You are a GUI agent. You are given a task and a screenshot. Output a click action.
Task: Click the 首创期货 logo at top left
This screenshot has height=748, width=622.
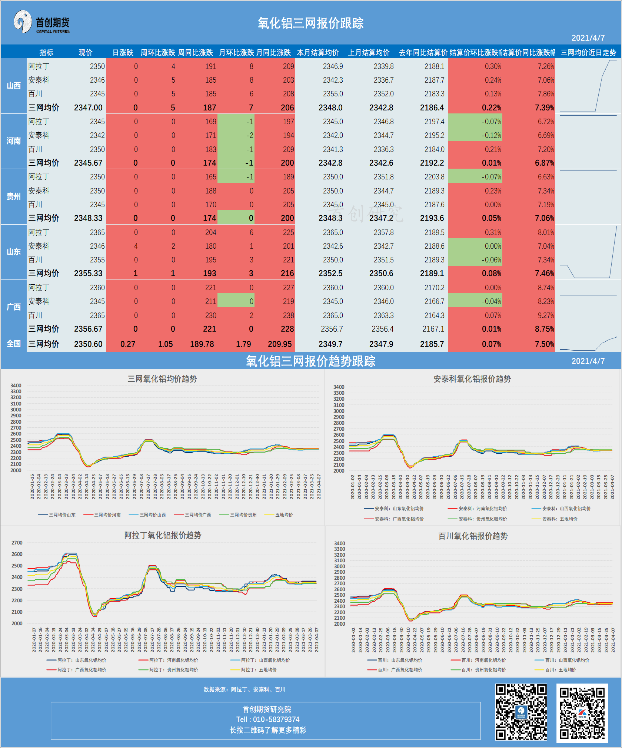(41, 22)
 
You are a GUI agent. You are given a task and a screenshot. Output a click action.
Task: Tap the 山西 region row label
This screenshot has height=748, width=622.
(14, 86)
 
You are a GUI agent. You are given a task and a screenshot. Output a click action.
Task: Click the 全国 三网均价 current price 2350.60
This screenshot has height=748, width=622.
(88, 344)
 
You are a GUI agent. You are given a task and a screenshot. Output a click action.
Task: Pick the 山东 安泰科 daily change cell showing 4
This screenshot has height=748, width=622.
(136, 246)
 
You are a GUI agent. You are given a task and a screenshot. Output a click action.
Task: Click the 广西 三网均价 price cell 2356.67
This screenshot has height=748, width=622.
(88, 329)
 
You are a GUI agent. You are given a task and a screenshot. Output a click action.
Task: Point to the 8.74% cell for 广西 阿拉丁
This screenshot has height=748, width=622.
(546, 288)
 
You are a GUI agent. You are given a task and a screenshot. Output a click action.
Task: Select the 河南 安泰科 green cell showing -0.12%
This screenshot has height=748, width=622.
(491, 135)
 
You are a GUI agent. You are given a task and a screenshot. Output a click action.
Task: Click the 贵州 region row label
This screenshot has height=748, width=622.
(14, 196)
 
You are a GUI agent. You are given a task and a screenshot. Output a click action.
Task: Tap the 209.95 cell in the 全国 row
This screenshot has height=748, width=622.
(280, 344)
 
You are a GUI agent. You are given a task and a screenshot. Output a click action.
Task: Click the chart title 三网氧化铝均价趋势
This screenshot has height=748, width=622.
(162, 379)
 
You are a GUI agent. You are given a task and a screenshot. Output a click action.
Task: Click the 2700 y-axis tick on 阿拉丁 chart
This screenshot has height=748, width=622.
(17, 543)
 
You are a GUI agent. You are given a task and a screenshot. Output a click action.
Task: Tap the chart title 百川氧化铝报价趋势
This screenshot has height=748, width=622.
(473, 536)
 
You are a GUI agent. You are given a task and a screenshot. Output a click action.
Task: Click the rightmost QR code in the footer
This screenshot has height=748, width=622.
(582, 713)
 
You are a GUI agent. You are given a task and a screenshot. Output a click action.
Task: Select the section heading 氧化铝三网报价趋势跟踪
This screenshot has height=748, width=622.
(310, 361)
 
